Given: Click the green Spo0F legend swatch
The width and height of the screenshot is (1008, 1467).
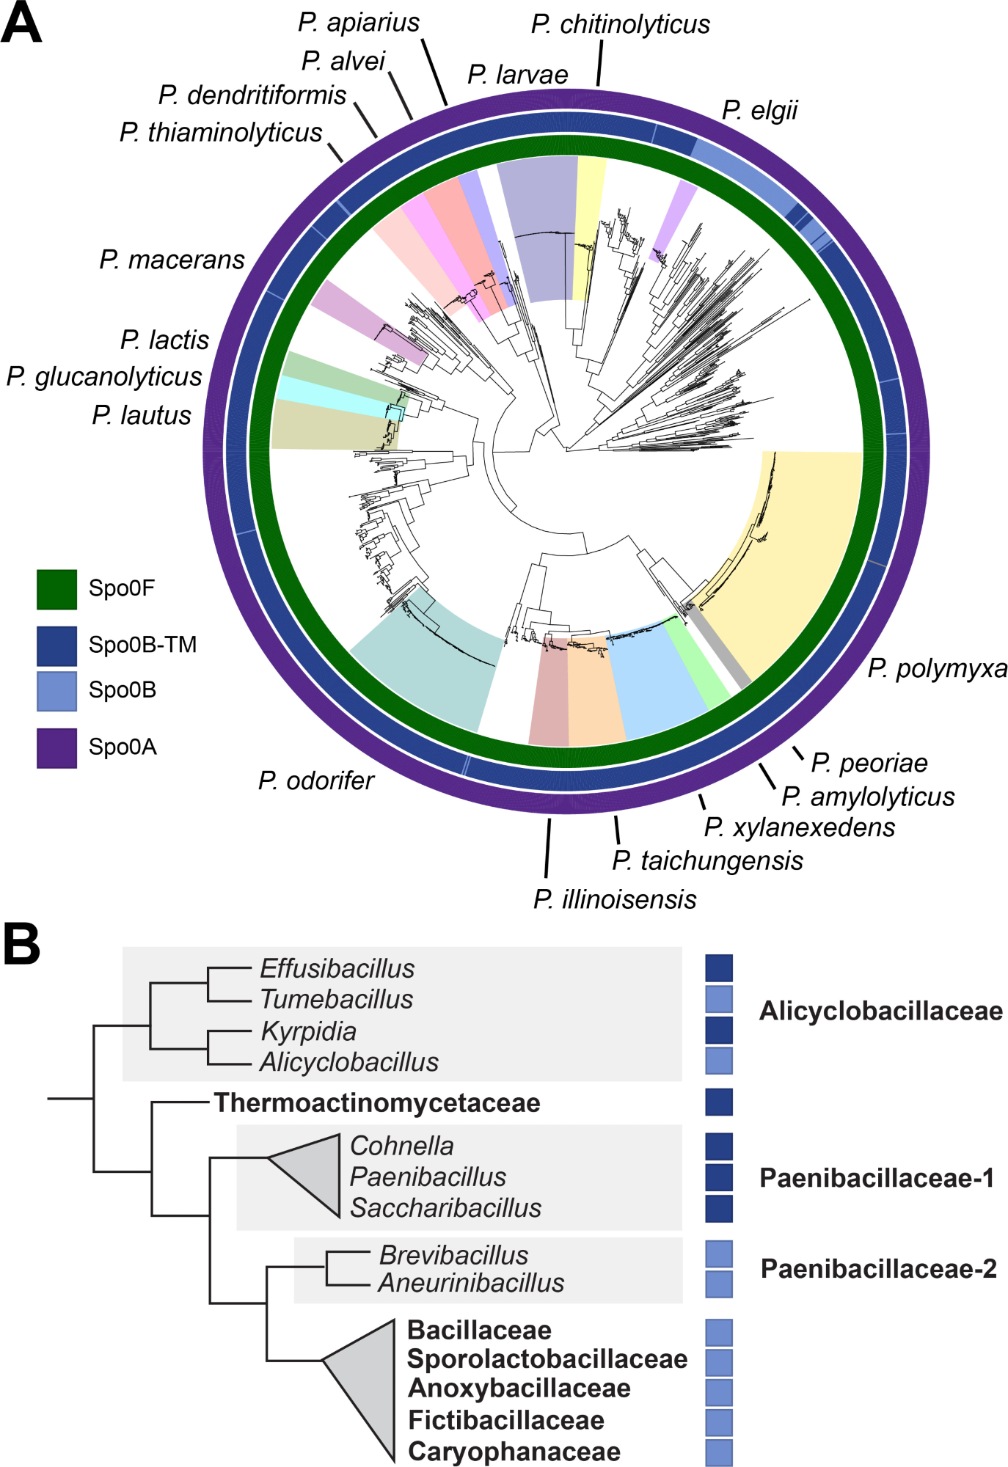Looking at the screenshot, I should pyautogui.click(x=56, y=589).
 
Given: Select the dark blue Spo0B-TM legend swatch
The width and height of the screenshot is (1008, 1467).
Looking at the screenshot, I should pyautogui.click(x=56, y=645).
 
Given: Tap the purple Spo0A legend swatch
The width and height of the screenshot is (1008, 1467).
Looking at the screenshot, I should pyautogui.click(x=56, y=747).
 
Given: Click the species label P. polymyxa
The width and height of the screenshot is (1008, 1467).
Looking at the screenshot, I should pyautogui.click(x=937, y=668).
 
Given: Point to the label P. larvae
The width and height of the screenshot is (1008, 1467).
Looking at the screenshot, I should pyautogui.click(x=517, y=75).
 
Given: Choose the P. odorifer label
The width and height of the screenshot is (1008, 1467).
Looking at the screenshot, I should pyautogui.click(x=315, y=780).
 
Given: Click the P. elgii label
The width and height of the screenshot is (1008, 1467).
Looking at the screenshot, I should pyautogui.click(x=759, y=110).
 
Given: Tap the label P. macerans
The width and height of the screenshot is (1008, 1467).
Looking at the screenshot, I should pyautogui.click(x=172, y=260).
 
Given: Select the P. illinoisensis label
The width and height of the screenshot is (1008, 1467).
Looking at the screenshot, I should pyautogui.click(x=615, y=899).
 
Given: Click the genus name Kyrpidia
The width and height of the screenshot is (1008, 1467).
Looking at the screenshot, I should pyautogui.click(x=308, y=1031).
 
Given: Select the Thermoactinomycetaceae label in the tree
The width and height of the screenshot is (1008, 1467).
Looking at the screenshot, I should pyautogui.click(x=376, y=1102).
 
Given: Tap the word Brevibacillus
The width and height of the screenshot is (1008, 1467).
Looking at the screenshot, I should pyautogui.click(x=453, y=1255).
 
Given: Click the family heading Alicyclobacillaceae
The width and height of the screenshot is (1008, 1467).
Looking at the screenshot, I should pyautogui.click(x=880, y=1011).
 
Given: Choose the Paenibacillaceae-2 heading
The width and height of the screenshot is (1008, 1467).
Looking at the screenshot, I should pyautogui.click(x=878, y=1268).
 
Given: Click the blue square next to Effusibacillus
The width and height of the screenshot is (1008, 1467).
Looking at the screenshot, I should pyautogui.click(x=719, y=967).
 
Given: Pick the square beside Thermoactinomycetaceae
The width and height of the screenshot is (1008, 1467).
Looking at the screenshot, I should pyautogui.click(x=719, y=1102).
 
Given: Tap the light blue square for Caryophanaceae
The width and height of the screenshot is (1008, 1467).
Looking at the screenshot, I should pyautogui.click(x=719, y=1452).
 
